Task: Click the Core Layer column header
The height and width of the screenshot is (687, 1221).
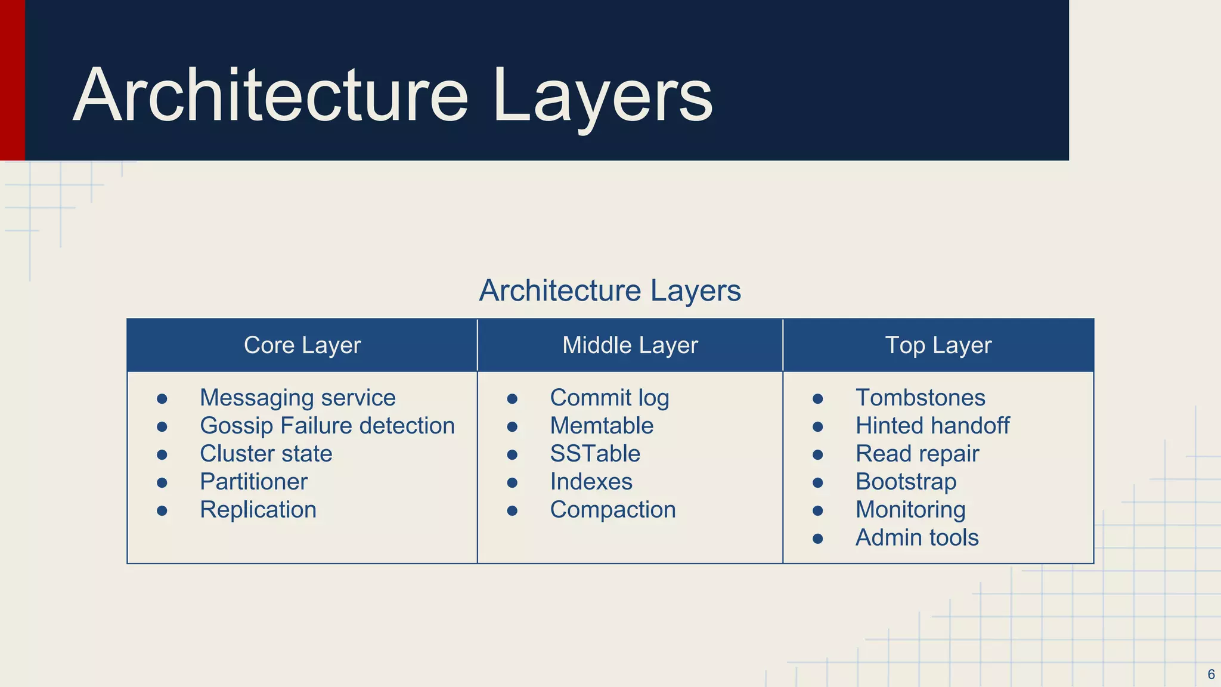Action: click(x=302, y=345)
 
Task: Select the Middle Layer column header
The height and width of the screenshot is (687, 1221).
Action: click(x=630, y=345)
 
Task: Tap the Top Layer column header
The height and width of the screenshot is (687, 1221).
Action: click(x=938, y=345)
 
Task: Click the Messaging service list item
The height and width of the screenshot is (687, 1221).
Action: click(x=297, y=398)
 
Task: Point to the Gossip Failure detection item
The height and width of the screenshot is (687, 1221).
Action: click(x=327, y=426)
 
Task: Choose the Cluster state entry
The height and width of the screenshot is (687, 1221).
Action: click(x=266, y=454)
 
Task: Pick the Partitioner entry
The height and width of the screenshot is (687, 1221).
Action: click(x=253, y=482)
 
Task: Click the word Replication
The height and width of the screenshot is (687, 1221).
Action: click(x=258, y=510)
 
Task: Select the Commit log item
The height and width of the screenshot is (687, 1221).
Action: click(x=609, y=398)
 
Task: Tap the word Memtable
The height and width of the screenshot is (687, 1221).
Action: click(x=602, y=426)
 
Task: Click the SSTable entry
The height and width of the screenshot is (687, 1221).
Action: click(x=595, y=454)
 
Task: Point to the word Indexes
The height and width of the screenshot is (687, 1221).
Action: click(x=591, y=482)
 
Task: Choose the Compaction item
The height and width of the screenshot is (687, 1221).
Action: click(x=613, y=510)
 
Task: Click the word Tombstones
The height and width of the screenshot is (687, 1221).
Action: click(x=920, y=398)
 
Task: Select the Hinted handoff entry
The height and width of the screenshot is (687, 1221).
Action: click(x=932, y=426)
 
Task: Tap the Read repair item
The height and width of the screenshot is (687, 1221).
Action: click(x=917, y=454)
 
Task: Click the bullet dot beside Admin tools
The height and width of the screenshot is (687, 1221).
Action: click(x=818, y=539)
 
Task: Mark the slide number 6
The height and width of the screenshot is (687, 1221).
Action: click(x=1211, y=674)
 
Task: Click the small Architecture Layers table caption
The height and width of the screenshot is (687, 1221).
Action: click(x=610, y=291)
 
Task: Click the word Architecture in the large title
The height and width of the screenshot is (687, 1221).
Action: click(x=271, y=95)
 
